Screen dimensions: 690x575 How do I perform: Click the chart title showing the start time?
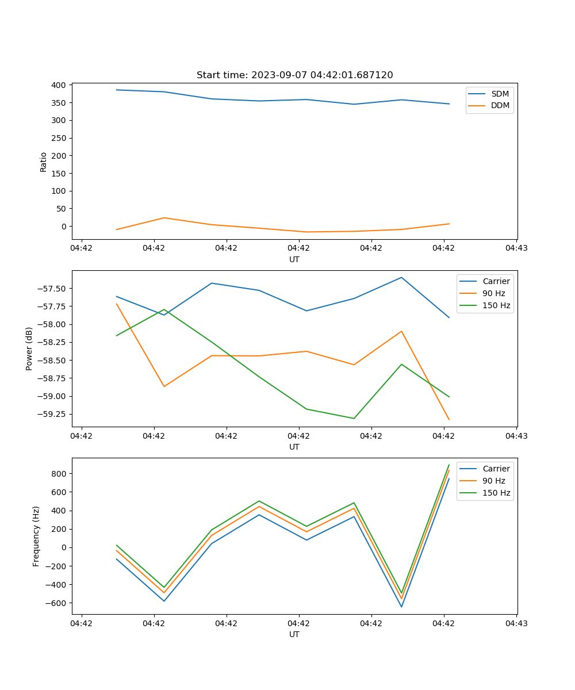click(x=294, y=75)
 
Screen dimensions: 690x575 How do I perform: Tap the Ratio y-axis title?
click(x=44, y=162)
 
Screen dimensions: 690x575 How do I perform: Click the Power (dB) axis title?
click(x=29, y=348)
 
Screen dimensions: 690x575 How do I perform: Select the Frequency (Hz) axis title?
click(x=36, y=536)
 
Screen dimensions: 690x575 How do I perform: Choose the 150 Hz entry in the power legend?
click(x=496, y=305)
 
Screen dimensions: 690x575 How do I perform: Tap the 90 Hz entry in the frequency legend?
click(x=493, y=481)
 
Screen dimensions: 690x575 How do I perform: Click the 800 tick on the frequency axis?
click(x=59, y=474)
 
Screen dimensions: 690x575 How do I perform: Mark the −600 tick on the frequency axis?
click(x=57, y=603)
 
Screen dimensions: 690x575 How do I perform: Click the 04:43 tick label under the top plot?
click(x=516, y=248)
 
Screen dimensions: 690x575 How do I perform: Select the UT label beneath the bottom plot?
click(x=294, y=634)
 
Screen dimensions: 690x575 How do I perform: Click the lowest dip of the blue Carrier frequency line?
click(x=401, y=607)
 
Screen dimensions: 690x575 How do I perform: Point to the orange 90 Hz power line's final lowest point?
click(x=448, y=420)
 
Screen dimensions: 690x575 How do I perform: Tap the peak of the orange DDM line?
click(x=164, y=218)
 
